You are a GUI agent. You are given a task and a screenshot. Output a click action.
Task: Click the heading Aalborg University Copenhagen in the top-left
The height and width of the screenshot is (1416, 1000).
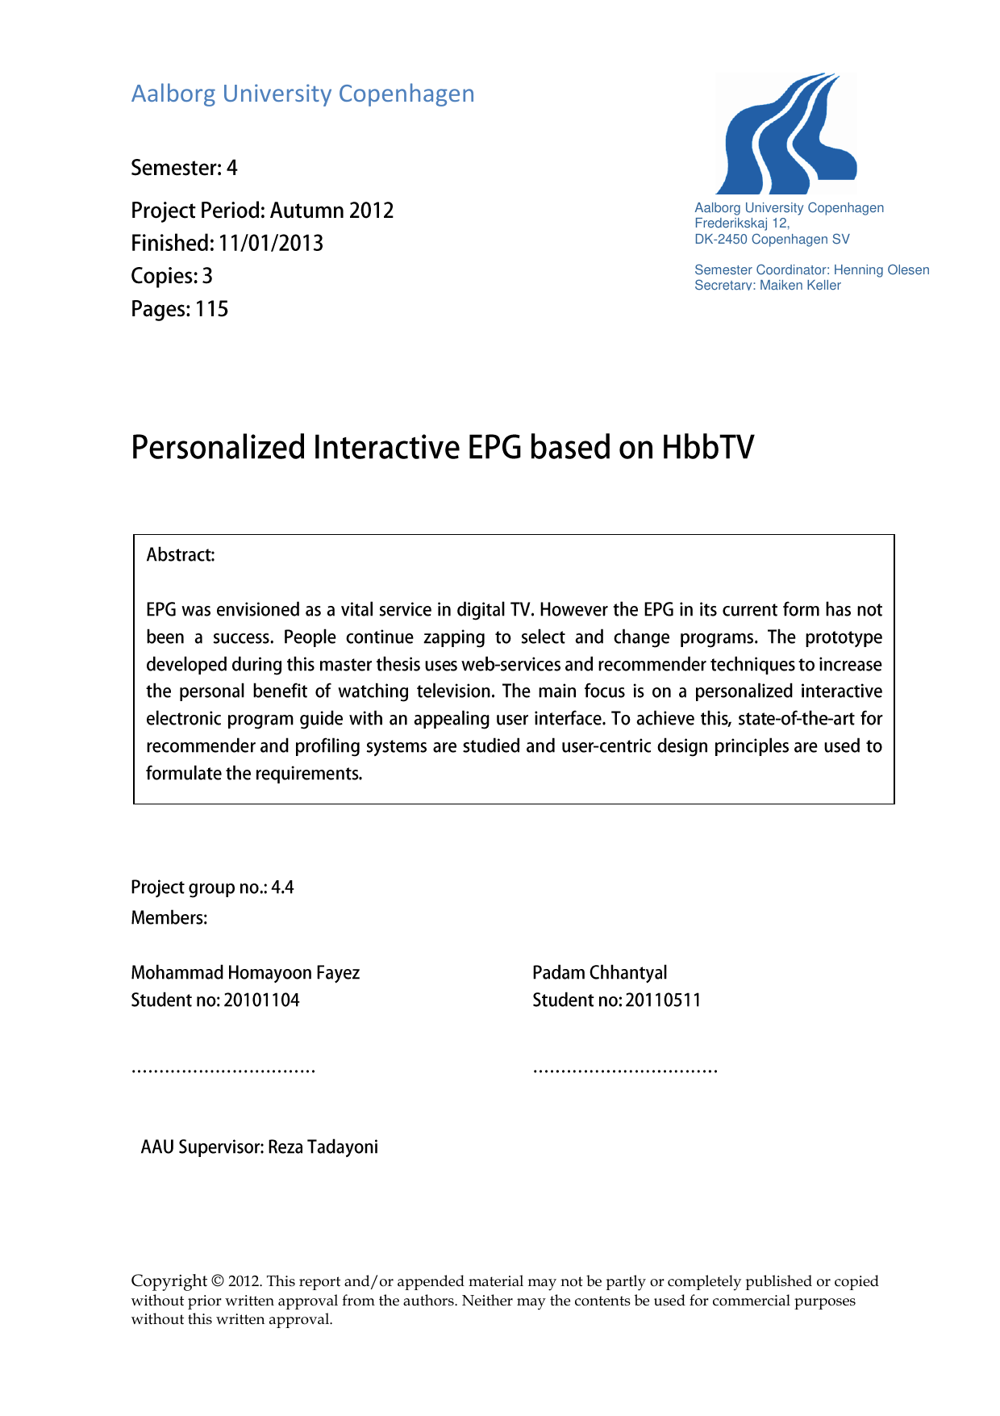(x=302, y=94)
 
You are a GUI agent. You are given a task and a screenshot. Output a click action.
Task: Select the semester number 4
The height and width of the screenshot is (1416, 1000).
(x=232, y=168)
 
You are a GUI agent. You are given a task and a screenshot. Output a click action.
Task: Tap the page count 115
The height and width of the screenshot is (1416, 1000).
(x=211, y=310)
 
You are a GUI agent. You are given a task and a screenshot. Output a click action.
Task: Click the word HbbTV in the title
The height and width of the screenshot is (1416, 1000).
(x=707, y=448)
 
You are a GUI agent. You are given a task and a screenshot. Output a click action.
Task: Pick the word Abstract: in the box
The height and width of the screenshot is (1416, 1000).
(x=181, y=555)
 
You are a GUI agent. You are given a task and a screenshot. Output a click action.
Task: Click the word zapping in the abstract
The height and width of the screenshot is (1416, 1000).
(x=454, y=637)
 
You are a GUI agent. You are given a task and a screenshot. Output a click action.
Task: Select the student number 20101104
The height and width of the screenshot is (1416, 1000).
(x=261, y=1000)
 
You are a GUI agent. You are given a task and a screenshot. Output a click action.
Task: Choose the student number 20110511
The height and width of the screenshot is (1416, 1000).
(x=663, y=1000)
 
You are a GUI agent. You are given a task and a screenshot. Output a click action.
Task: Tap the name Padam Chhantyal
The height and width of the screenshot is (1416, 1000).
(x=599, y=973)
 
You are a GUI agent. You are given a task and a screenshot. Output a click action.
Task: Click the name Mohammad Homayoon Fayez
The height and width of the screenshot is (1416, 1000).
(x=245, y=973)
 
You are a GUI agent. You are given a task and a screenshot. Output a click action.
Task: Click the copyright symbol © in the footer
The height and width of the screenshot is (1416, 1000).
(x=218, y=1281)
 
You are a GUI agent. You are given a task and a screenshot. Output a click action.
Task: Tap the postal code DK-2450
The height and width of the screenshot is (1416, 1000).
(x=721, y=240)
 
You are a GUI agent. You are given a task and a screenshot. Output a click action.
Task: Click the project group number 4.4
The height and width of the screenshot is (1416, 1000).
(x=282, y=888)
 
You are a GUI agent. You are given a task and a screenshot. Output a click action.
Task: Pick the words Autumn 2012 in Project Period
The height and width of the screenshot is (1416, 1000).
(x=331, y=211)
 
